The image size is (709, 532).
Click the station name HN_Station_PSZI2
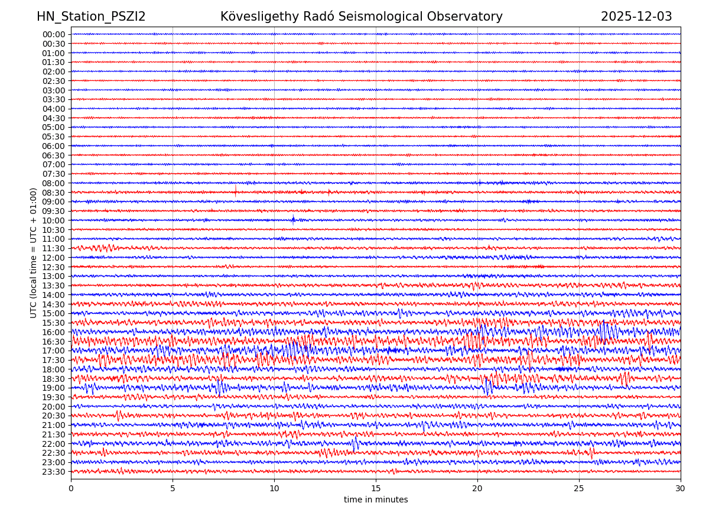[x=91, y=17]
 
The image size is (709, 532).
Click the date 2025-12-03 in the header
[x=636, y=17]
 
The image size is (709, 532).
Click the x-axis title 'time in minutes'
[x=376, y=499]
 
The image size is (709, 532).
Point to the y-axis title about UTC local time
[x=34, y=252]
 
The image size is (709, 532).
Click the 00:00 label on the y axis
[x=54, y=34]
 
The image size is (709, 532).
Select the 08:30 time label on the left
[x=54, y=193]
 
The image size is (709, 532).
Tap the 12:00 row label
[x=54, y=258]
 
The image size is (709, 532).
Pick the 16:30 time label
[x=54, y=342]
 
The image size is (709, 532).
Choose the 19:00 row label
[x=54, y=388]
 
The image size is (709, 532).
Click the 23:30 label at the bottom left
[x=54, y=472]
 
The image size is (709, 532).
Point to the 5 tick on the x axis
[x=173, y=488]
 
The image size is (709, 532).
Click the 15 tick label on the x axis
[x=376, y=488]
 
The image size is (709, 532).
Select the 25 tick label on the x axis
[x=579, y=488]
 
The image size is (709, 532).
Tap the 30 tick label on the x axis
[x=681, y=488]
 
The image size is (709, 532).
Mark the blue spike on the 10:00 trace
[x=293, y=219]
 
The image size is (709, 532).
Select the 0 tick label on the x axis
[x=71, y=488]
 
